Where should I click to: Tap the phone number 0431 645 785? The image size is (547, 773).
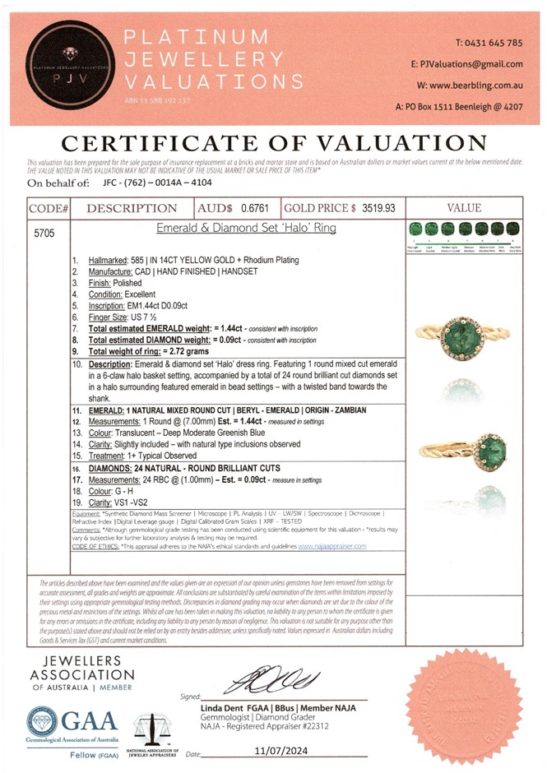pyautogui.click(x=489, y=42)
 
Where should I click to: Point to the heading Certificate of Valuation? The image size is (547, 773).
pyautogui.click(x=274, y=142)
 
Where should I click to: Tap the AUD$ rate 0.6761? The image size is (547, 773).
pyautogui.click(x=257, y=209)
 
